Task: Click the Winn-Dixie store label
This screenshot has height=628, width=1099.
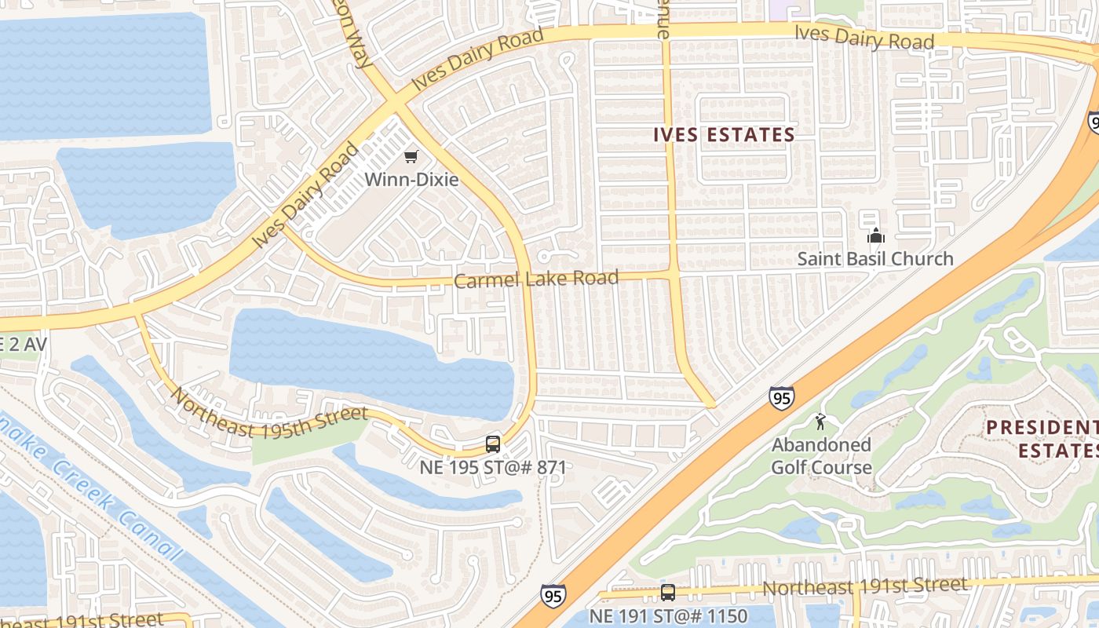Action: pyautogui.click(x=411, y=179)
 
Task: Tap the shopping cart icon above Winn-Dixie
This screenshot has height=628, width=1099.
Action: pyautogui.click(x=411, y=156)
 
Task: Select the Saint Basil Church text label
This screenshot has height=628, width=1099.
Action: pyautogui.click(x=875, y=258)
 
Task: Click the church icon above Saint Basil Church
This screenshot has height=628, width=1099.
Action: pyautogui.click(x=875, y=235)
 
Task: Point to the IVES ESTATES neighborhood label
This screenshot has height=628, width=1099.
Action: pyautogui.click(x=725, y=135)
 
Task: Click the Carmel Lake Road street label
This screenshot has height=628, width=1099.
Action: pyautogui.click(x=536, y=279)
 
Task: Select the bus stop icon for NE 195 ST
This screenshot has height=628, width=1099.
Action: pyautogui.click(x=493, y=444)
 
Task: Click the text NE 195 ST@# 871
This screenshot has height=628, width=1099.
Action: pyautogui.click(x=493, y=467)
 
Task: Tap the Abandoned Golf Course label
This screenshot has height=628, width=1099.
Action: pyautogui.click(x=821, y=456)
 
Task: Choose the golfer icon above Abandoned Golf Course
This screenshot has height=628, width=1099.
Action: pyautogui.click(x=821, y=422)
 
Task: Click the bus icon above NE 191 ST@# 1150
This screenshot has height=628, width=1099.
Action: pyautogui.click(x=668, y=593)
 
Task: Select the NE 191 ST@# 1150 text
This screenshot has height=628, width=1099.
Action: pyautogui.click(x=668, y=615)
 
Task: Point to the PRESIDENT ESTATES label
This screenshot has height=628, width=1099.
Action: pyautogui.click(x=1042, y=439)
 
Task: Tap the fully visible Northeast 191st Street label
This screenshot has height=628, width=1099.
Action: pyautogui.click(x=864, y=586)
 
